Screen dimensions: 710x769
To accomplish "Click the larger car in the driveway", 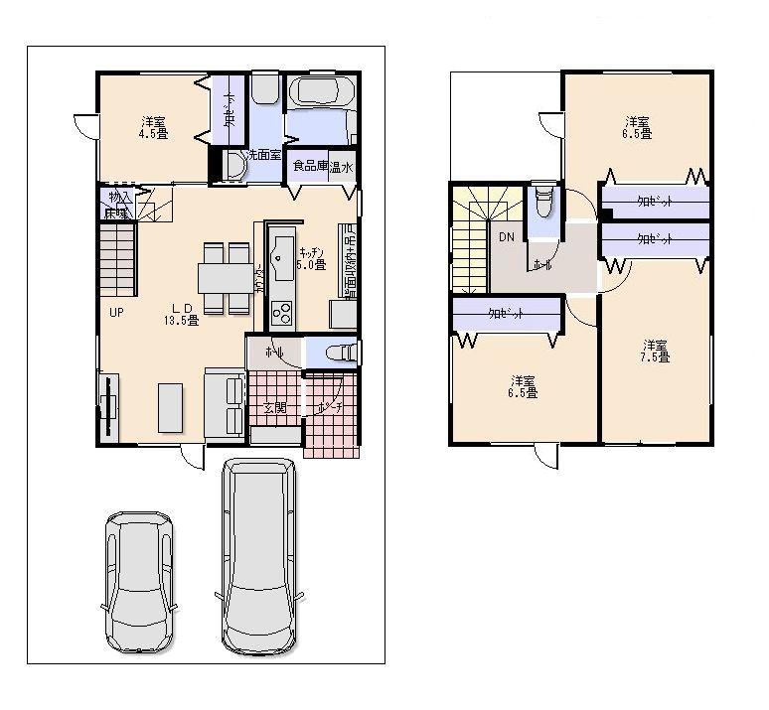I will [258, 556].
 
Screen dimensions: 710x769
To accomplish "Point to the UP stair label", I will [116, 311].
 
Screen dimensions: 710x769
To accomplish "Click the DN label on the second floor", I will [506, 236].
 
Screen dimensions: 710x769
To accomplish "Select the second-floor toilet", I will [542, 206].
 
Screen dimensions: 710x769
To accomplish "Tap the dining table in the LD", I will [225, 278].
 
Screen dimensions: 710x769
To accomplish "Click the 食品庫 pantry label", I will [310, 167].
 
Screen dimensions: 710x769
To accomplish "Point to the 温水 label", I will [343, 167].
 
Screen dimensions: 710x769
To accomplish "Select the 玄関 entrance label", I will [275, 407].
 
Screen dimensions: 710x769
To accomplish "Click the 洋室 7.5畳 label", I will [654, 351].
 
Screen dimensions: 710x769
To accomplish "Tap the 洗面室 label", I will [264, 155].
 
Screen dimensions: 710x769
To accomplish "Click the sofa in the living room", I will [225, 403].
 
